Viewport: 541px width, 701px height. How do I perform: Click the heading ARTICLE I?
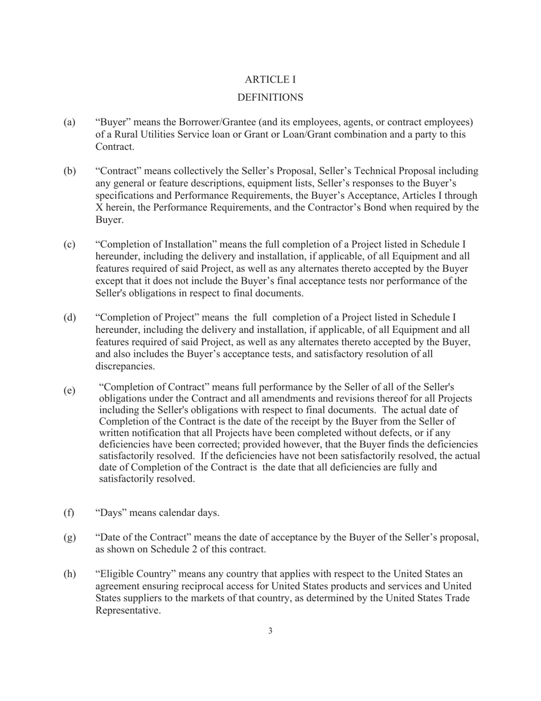pos(270,79)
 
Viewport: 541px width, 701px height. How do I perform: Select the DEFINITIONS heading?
pos(270,98)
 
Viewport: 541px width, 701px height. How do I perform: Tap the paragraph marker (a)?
pos(69,123)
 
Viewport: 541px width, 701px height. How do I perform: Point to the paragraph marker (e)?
pos(69,390)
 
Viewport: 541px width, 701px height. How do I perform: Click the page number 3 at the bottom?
pos(270,630)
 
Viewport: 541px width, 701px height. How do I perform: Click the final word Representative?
pos(128,610)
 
